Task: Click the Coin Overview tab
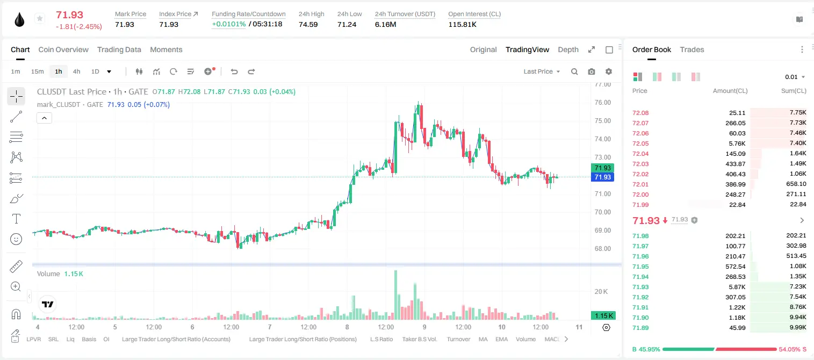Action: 63,49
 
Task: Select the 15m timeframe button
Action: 37,71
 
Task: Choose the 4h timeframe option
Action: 76,71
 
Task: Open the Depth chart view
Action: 568,49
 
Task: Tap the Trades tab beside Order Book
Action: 692,49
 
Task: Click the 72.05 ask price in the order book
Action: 640,143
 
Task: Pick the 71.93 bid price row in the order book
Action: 640,287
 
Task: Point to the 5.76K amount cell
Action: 737,143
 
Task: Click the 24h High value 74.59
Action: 308,24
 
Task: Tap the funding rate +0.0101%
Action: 229,24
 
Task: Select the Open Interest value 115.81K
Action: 462,24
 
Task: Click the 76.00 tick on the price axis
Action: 602,103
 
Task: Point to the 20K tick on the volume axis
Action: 601,291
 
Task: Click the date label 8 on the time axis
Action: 347,327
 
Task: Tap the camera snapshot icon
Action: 592,71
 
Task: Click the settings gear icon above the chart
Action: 609,71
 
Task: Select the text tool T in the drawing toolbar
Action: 16,219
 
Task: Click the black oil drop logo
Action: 19,19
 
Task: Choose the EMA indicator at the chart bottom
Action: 501,339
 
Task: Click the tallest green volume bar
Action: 396,295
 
